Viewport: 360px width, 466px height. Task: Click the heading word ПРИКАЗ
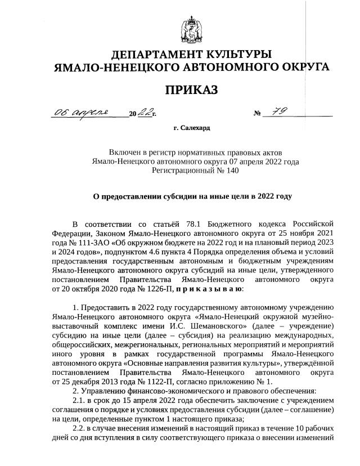191,90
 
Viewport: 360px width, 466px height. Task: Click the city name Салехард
195,128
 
